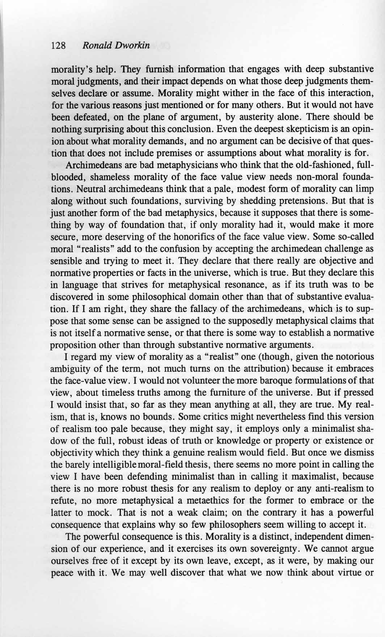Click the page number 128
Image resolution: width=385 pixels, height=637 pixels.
click(x=58, y=46)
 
